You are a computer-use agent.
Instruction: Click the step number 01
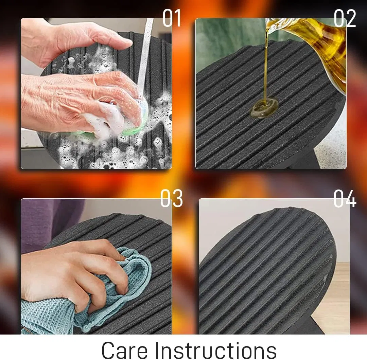click(x=172, y=18)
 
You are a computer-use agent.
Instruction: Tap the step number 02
click(x=345, y=18)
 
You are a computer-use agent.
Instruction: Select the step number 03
click(x=171, y=198)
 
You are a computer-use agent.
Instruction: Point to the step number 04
click(x=345, y=198)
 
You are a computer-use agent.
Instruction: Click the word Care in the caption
click(x=124, y=350)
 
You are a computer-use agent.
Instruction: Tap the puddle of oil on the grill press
click(x=264, y=108)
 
